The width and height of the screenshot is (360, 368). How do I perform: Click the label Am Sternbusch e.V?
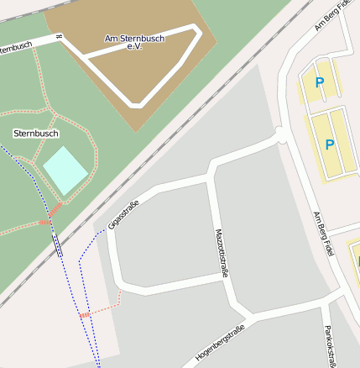coord(134,42)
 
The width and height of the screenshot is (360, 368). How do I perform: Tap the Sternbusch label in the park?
coord(36,134)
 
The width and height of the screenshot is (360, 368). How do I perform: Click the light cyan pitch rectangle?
coord(65,170)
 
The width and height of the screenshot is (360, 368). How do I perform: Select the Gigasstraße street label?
coord(123,213)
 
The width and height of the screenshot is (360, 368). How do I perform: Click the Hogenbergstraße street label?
coord(219,343)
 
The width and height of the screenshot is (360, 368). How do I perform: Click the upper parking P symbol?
coord(319,82)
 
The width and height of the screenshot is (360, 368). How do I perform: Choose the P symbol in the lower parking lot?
coord(330,145)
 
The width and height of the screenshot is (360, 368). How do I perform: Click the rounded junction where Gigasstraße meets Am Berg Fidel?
coord(281,135)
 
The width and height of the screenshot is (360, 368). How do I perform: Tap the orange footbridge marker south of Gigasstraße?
coord(84,314)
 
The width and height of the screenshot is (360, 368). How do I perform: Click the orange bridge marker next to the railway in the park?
coord(44,222)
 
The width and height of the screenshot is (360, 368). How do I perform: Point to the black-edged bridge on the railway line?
coord(57,244)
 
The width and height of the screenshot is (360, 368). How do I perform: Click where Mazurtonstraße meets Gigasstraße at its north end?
coord(210,176)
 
